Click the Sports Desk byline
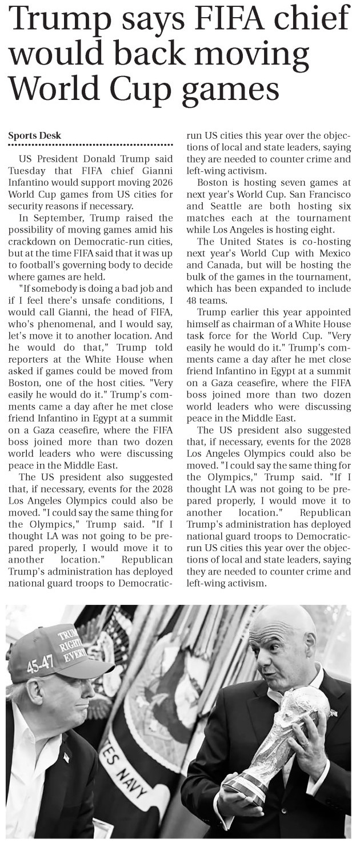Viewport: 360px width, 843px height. click(35, 135)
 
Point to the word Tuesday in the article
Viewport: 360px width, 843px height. click(27, 170)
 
